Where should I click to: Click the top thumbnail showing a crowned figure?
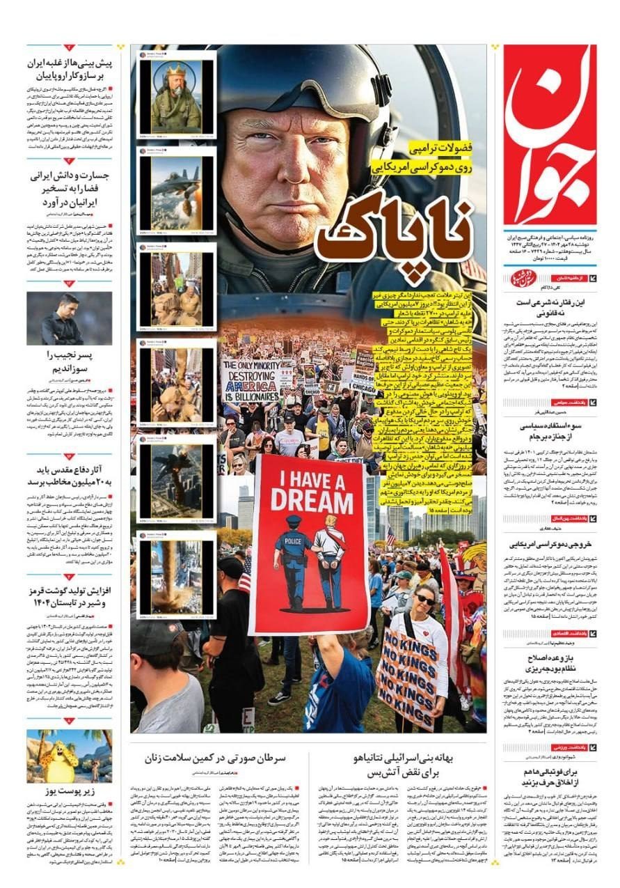(x=176, y=96)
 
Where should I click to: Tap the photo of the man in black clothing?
(x=69, y=318)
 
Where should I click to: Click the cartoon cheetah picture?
(x=69, y=756)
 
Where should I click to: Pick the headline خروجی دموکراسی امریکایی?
(x=551, y=545)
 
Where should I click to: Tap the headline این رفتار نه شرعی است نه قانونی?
(x=551, y=309)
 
